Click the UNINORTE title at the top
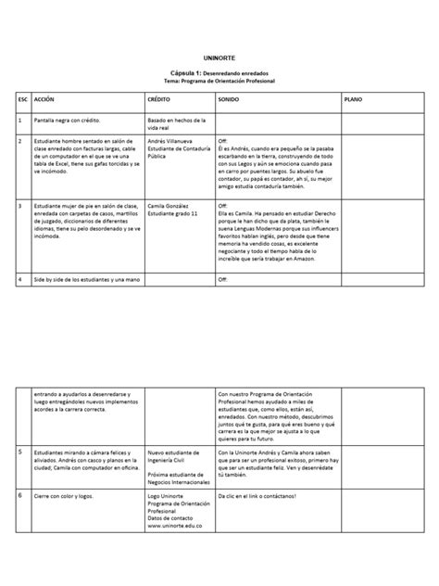coord(219,57)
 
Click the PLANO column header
coord(354,97)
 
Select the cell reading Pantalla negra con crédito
coord(72,121)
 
